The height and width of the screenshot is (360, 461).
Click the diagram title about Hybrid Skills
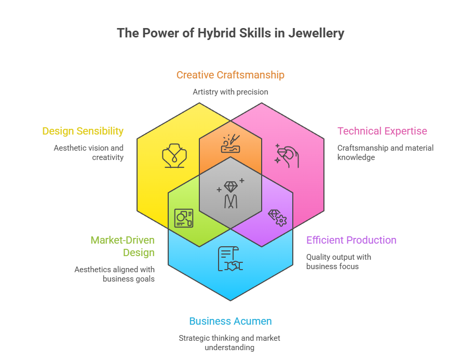point(230,33)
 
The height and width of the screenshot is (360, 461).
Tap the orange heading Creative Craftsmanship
point(230,75)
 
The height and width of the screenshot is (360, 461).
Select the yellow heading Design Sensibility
point(83,131)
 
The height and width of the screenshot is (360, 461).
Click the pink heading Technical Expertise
point(382,131)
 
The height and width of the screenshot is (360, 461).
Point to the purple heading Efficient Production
point(351,240)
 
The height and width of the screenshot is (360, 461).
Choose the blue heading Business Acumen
point(230,321)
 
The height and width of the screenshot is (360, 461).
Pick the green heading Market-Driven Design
point(123,246)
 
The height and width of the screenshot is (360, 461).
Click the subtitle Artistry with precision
point(230,91)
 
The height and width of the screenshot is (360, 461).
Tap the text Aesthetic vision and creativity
point(89,152)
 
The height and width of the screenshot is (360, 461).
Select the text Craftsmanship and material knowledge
point(385,152)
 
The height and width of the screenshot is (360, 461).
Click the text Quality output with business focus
point(338,261)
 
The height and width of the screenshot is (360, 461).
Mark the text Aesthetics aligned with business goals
point(114,274)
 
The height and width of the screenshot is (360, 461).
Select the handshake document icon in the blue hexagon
point(230,259)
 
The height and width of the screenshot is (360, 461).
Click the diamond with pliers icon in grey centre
point(230,193)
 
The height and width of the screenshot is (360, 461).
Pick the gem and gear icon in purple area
point(277,217)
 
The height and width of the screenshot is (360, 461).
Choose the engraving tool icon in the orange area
point(230,143)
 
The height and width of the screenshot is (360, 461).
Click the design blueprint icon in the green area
point(184,218)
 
